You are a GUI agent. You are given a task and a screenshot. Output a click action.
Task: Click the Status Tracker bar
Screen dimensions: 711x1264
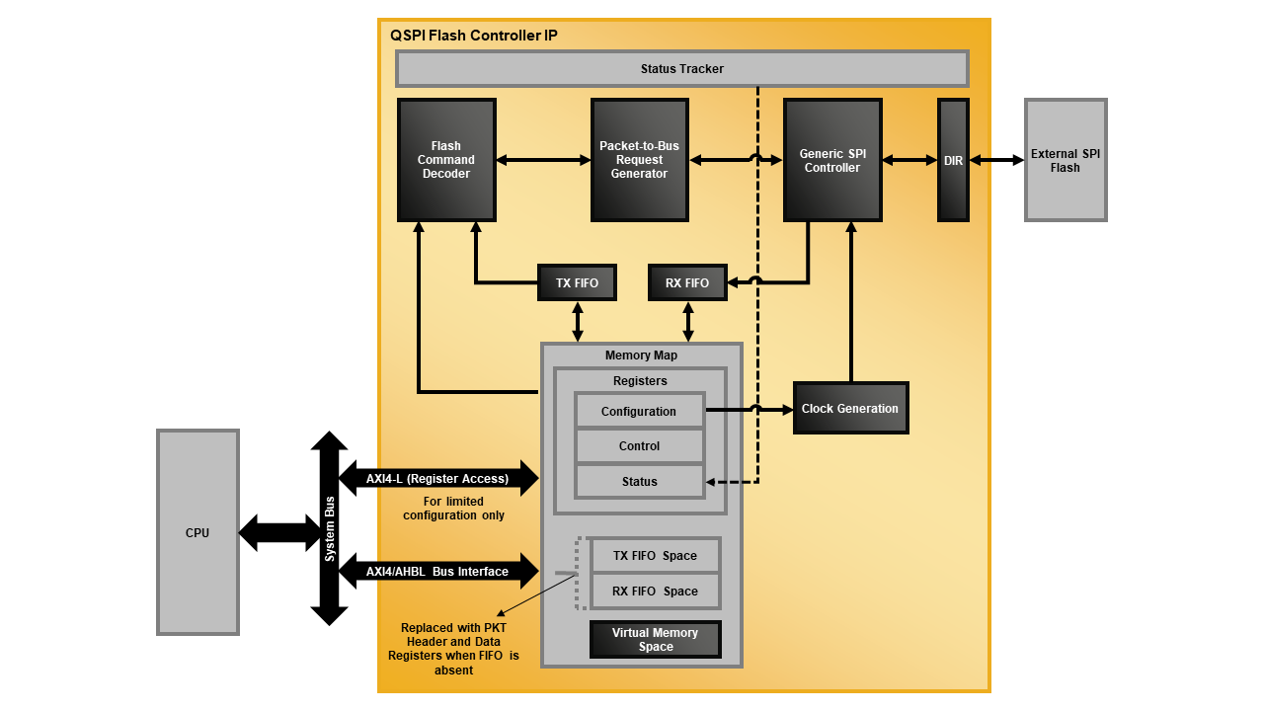coord(681,69)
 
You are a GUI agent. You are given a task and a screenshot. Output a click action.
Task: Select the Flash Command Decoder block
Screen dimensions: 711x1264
coord(446,160)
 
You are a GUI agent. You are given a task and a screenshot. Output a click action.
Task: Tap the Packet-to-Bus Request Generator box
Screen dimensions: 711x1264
coord(639,160)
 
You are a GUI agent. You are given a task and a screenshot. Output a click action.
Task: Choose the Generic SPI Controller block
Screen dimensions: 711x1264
coord(831,160)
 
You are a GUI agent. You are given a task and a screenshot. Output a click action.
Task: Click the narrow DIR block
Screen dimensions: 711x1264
coord(953,160)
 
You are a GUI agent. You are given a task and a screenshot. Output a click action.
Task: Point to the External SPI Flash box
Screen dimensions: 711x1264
coord(1066,160)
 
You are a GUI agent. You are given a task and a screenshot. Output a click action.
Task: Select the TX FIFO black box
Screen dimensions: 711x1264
coord(577,282)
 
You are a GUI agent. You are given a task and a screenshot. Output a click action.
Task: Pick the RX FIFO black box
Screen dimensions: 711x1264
coord(687,282)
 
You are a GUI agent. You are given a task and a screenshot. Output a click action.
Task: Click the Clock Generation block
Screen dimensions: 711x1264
coord(850,408)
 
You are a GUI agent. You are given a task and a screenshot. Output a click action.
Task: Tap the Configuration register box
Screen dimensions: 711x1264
coord(639,411)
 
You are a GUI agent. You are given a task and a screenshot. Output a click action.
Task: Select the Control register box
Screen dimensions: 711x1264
coord(639,445)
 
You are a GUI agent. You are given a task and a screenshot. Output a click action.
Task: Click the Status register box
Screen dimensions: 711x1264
coord(639,481)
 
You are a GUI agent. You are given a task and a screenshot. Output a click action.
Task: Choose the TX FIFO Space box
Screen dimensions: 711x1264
coord(655,555)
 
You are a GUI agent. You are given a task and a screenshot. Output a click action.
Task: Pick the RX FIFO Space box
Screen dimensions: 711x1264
coord(655,591)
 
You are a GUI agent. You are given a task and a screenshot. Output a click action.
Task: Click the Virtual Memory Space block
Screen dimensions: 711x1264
coord(655,639)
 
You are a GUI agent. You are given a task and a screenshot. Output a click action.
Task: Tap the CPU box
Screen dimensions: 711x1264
coord(197,532)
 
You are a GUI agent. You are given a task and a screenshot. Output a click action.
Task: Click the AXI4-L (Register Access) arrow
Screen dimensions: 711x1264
coord(437,479)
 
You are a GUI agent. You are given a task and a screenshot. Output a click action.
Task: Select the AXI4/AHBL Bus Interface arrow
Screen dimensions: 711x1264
coord(437,571)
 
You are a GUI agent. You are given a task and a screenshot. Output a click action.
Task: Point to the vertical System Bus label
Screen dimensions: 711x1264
coord(330,528)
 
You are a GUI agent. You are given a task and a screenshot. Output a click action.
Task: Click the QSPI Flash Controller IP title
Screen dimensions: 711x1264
coord(473,36)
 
